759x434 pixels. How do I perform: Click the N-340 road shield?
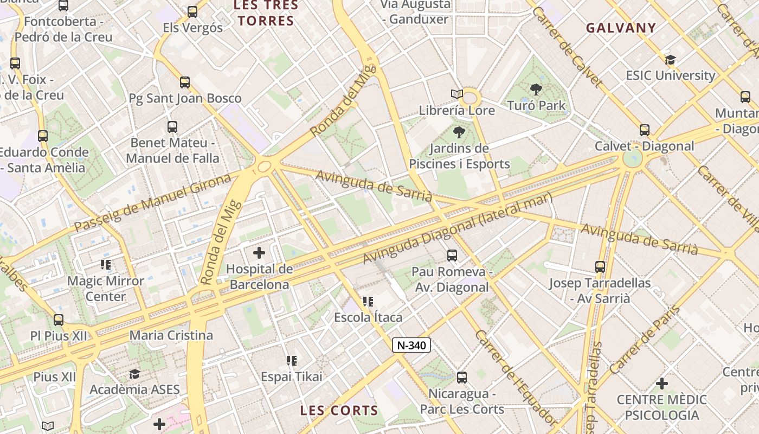411,345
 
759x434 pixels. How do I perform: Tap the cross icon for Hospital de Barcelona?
259,252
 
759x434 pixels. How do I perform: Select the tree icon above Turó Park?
536,90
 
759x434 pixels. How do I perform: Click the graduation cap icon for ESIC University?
671,60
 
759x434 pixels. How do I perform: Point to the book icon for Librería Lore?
457,94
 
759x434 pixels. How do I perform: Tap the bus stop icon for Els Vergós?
192,12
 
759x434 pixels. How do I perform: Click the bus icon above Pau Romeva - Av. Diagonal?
452,256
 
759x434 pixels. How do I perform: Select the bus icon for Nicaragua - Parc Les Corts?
462,378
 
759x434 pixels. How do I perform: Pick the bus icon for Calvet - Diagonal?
645,130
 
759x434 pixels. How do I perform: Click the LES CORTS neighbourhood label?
339,411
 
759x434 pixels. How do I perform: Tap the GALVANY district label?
621,28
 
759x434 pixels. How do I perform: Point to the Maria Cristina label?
171,335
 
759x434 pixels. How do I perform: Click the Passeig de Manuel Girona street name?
152,202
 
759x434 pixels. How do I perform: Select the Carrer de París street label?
645,340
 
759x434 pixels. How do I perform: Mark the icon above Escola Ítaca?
368,302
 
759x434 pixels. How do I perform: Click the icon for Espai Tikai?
292,361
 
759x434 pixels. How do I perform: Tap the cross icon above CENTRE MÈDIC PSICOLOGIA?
662,384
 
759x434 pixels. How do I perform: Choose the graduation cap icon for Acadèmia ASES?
134,374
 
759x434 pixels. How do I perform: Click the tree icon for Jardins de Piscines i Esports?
459,132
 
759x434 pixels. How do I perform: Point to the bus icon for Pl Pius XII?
59,320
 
